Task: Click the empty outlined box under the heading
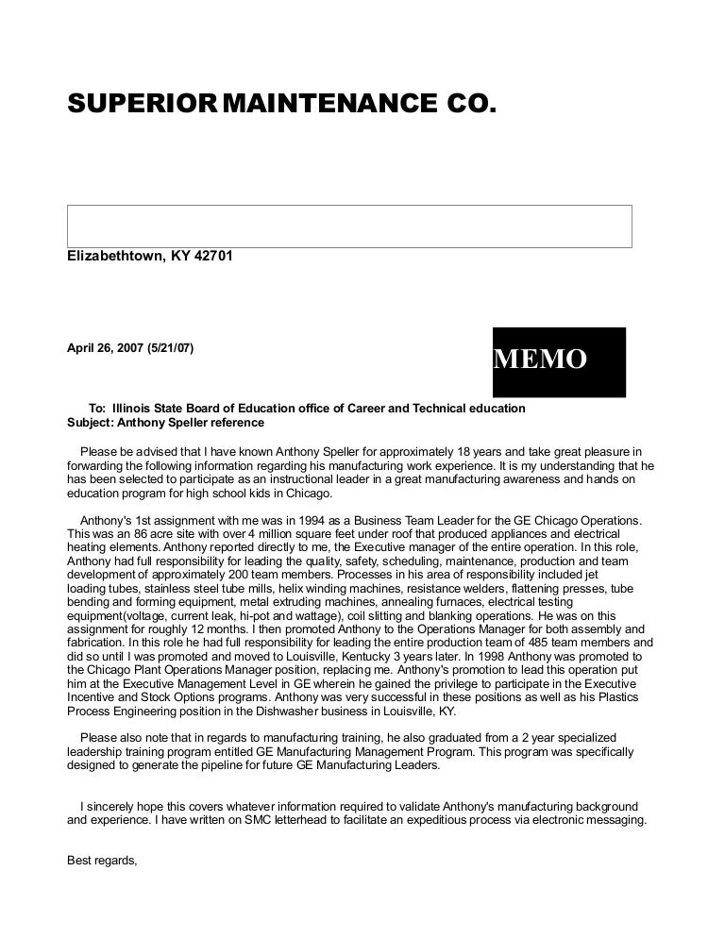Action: coord(349,226)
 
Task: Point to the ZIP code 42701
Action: coord(213,257)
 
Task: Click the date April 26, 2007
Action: coord(104,348)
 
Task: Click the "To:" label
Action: coord(97,409)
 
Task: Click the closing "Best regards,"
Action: coord(103,860)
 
